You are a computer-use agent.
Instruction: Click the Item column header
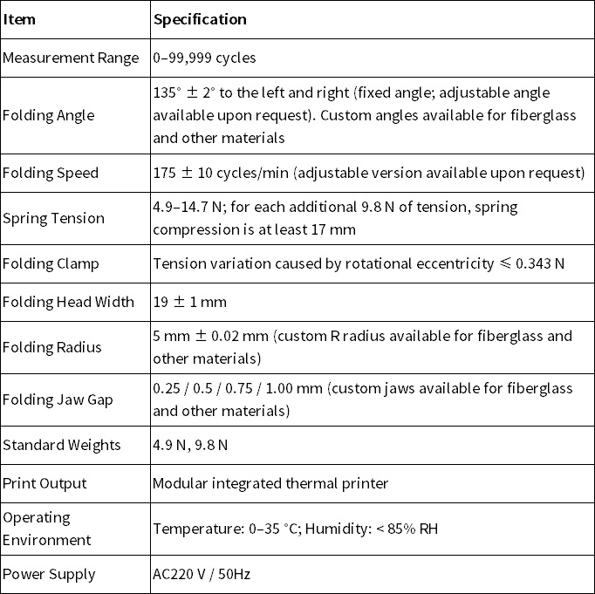[19, 19]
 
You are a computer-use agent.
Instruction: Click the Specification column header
[200, 19]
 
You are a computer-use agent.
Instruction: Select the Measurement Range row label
[71, 58]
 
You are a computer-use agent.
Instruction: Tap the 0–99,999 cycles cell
[204, 58]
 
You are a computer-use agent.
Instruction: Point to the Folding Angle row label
[49, 115]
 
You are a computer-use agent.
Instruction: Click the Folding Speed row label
[51, 173]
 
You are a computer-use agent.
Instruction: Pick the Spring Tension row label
[53, 218]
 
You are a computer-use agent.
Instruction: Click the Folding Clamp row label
[51, 263]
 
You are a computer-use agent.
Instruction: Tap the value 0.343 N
[538, 263]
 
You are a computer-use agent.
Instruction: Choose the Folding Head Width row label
[69, 302]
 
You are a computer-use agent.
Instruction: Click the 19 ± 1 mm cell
[189, 302]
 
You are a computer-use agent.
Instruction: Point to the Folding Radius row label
[52, 347]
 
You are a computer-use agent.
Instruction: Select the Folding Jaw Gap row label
[58, 399]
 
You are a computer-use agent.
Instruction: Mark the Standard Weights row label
[62, 445]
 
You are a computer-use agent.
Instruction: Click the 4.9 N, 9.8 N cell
[190, 445]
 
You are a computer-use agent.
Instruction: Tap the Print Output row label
[44, 483]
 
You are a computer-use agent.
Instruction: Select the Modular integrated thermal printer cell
[270, 483]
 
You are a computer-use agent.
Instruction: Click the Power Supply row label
[49, 574]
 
